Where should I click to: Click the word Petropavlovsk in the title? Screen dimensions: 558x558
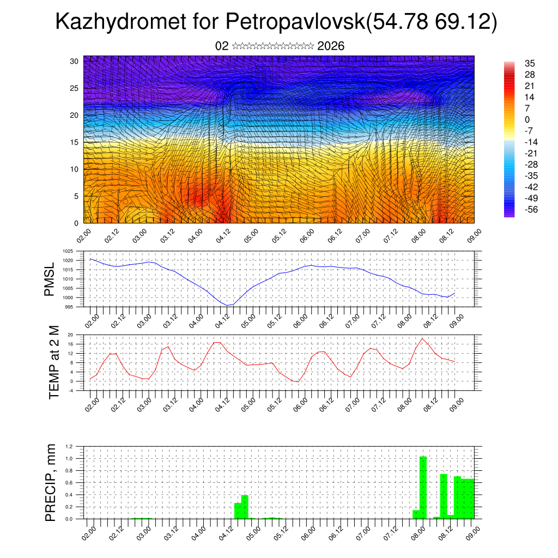(293, 22)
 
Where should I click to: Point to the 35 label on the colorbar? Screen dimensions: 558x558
(529, 63)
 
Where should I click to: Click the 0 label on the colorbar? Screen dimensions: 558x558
(527, 119)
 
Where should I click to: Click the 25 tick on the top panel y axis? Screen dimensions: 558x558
(75, 88)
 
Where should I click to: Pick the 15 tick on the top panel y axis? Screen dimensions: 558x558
(75, 142)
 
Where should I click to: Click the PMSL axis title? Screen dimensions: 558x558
(50, 280)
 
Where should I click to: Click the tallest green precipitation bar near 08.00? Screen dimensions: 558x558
(423, 487)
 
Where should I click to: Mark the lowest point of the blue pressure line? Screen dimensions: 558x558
(228, 305)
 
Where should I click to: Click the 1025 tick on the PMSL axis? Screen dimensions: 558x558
(68, 251)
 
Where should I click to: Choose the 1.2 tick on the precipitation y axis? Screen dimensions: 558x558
(69, 446)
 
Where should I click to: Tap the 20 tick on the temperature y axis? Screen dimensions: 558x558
(71, 335)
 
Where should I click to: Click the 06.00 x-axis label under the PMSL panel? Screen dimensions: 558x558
(305, 321)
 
